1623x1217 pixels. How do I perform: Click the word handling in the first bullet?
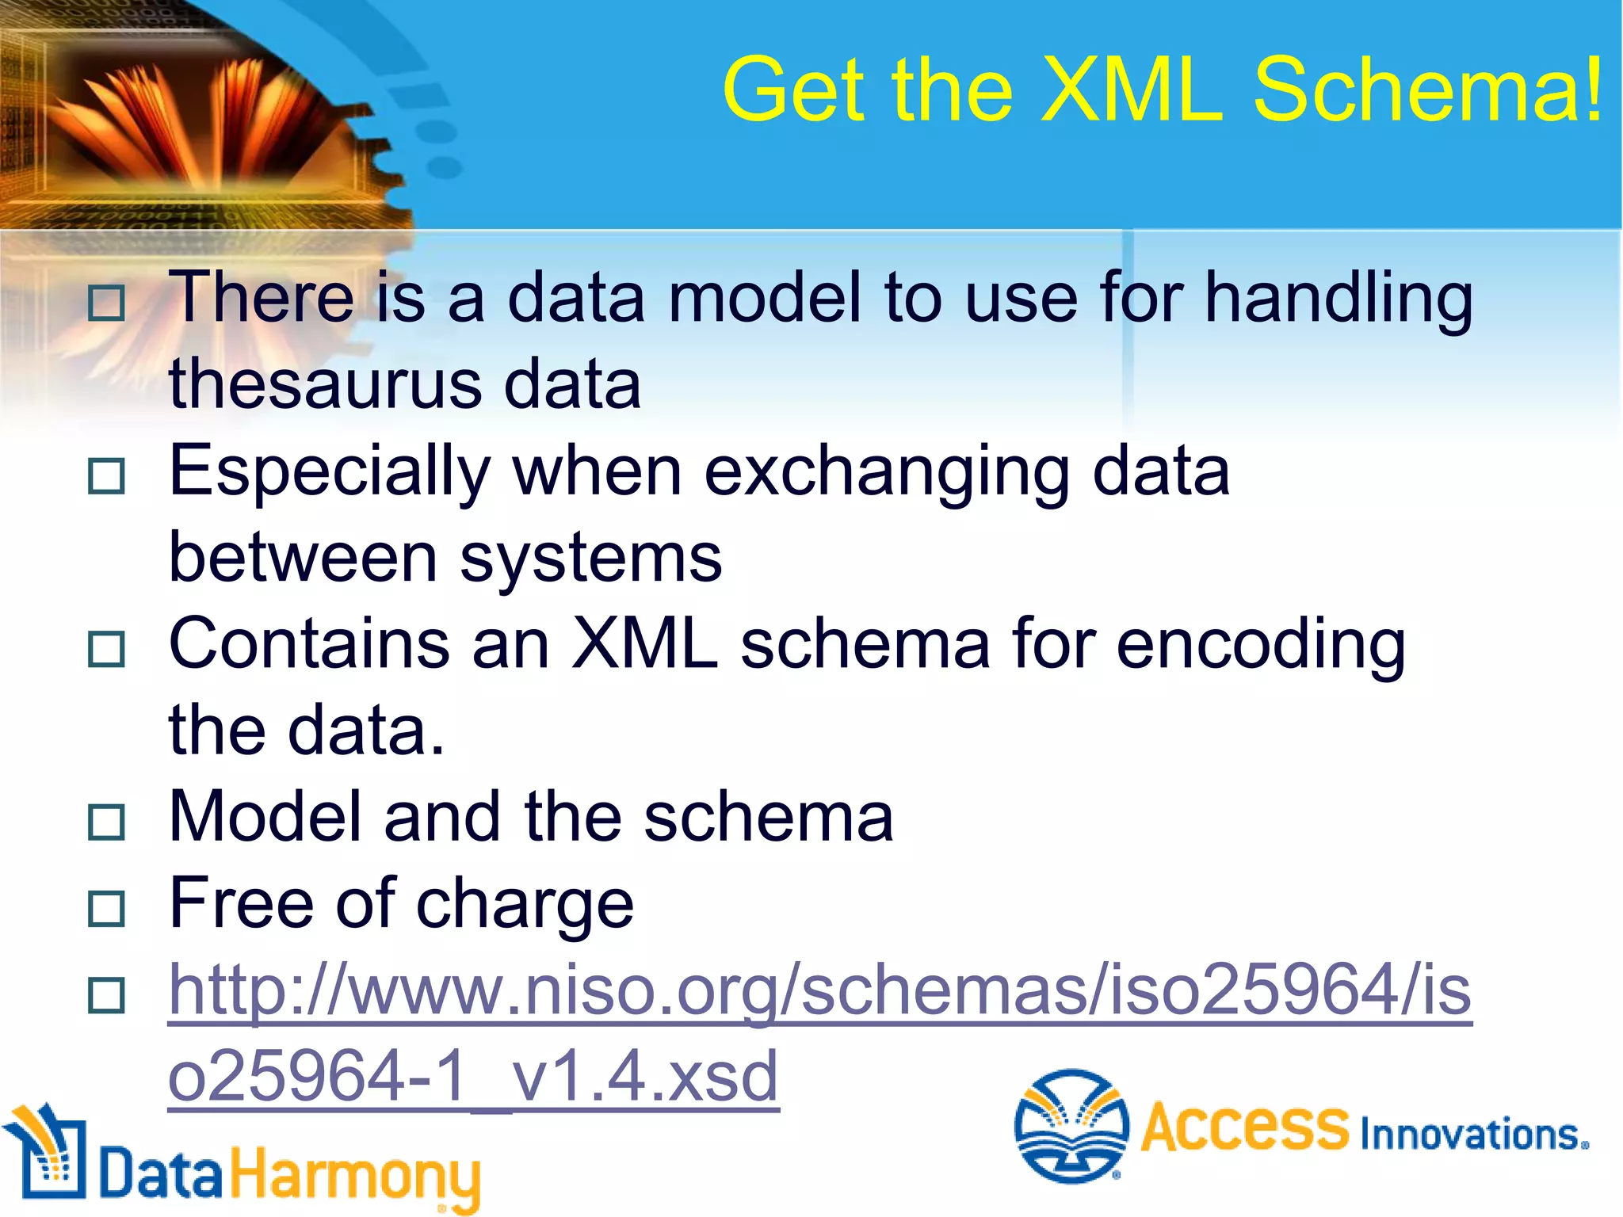1338,299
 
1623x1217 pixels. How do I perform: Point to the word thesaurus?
326,384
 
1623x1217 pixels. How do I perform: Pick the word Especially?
330,473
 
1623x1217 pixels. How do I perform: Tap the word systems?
590,559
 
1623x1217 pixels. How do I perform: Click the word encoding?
1260,646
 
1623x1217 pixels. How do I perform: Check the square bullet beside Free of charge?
106,908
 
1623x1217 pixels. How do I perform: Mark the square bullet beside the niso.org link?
106,995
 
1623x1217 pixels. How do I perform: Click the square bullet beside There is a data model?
106,303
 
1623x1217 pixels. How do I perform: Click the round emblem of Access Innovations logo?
1071,1125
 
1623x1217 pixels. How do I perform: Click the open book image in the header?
198,119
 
